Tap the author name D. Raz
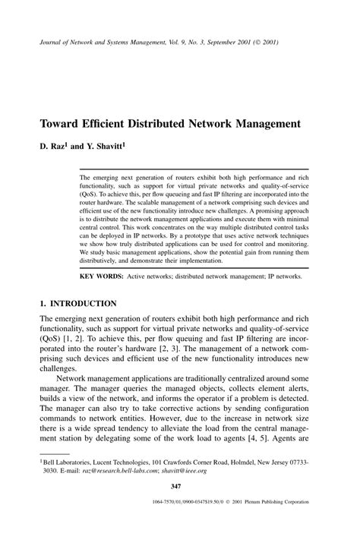53,143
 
